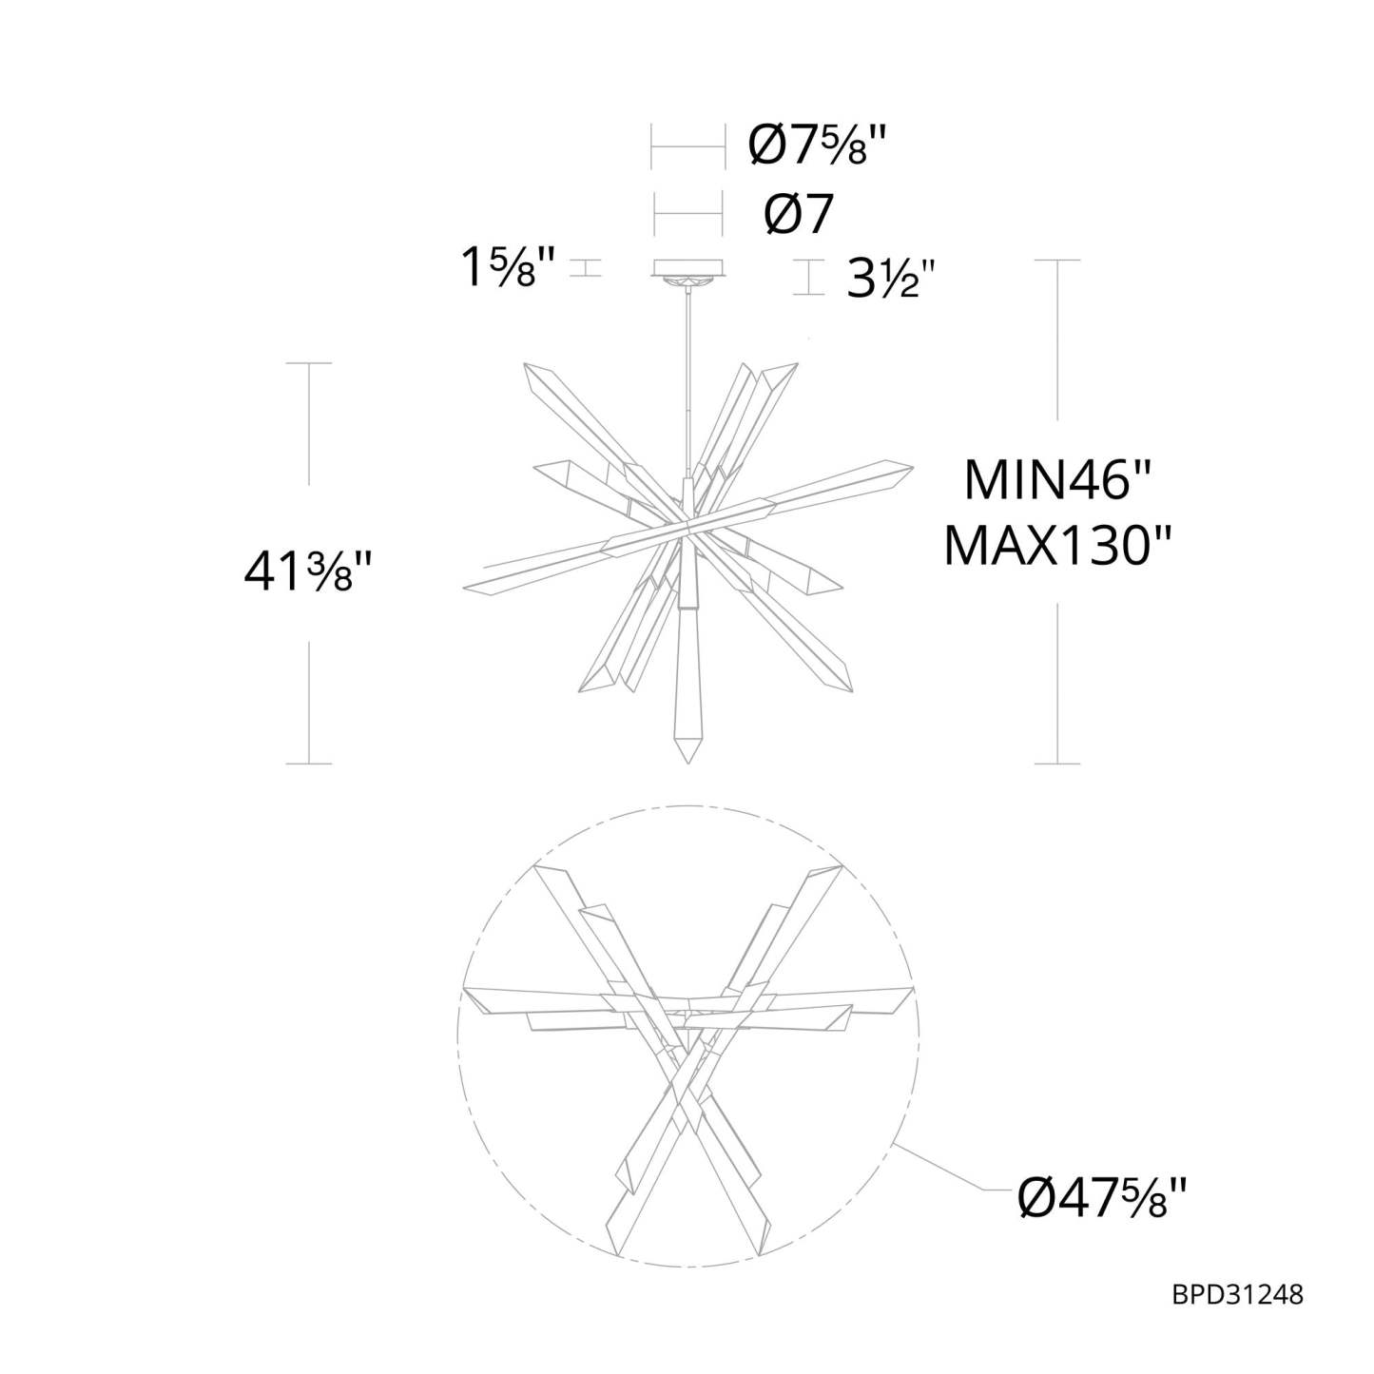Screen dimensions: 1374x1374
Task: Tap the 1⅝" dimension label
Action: click(x=508, y=268)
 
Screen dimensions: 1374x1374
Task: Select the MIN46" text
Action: click(x=1057, y=480)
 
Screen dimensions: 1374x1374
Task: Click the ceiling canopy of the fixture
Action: click(x=688, y=267)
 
